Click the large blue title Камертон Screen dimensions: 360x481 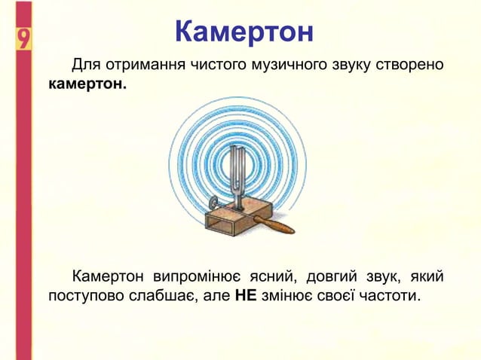click(x=243, y=32)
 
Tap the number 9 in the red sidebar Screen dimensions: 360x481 click(x=23, y=38)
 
